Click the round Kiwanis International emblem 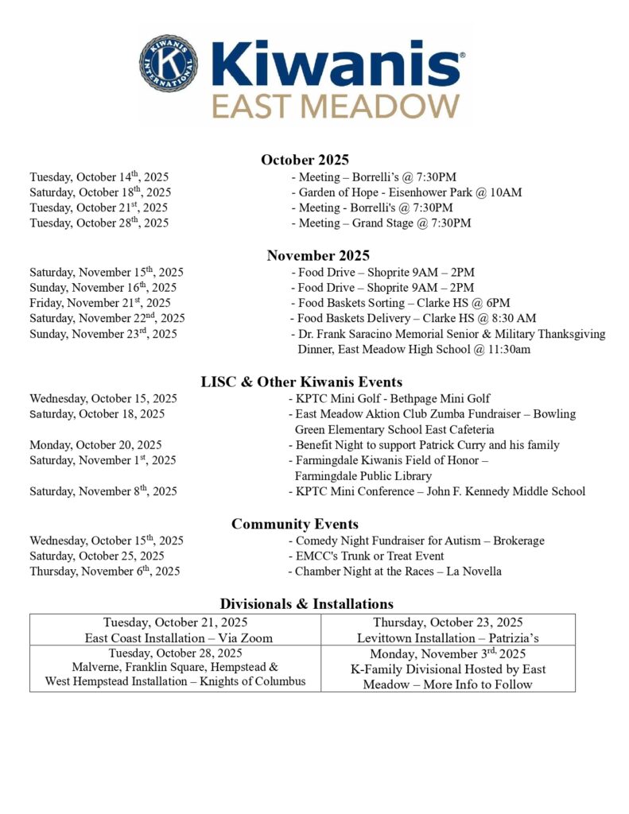(x=169, y=63)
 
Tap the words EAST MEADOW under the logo (x=336, y=105)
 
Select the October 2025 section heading (x=305, y=160)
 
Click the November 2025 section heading (x=318, y=255)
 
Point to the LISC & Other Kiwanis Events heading (x=312, y=382)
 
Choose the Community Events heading (x=294, y=524)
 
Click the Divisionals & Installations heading (x=306, y=604)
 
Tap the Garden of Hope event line (x=406, y=192)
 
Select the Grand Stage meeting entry (x=381, y=223)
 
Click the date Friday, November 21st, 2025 (x=100, y=303)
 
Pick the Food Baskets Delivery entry (x=413, y=318)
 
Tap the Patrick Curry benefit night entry (x=423, y=445)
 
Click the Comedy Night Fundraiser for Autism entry (x=416, y=541)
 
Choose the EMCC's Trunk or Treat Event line (x=366, y=556)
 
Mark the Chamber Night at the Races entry (x=394, y=572)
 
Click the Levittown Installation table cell (x=448, y=630)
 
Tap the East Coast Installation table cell (x=176, y=630)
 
